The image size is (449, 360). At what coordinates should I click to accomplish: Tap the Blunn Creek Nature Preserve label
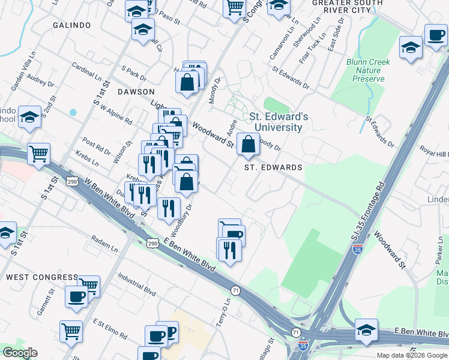[368, 70]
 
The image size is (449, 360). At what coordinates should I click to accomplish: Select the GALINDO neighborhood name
[71, 25]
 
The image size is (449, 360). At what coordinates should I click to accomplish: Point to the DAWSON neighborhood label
[136, 92]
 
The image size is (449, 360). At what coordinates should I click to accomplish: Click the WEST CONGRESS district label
[42, 277]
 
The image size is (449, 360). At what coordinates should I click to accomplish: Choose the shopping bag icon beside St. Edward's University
[248, 145]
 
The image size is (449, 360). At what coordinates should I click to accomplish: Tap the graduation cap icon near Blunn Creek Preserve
[411, 48]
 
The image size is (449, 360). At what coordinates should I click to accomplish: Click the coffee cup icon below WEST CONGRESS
[76, 296]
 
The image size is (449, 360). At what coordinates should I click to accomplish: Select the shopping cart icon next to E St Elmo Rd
[71, 331]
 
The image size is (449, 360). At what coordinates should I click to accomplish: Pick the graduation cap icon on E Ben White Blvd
[366, 329]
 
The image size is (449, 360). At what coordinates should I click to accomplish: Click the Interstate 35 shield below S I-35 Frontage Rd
[357, 249]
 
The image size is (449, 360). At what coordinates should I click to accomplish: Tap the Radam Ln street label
[105, 244]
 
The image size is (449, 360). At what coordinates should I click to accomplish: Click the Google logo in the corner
[20, 353]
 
